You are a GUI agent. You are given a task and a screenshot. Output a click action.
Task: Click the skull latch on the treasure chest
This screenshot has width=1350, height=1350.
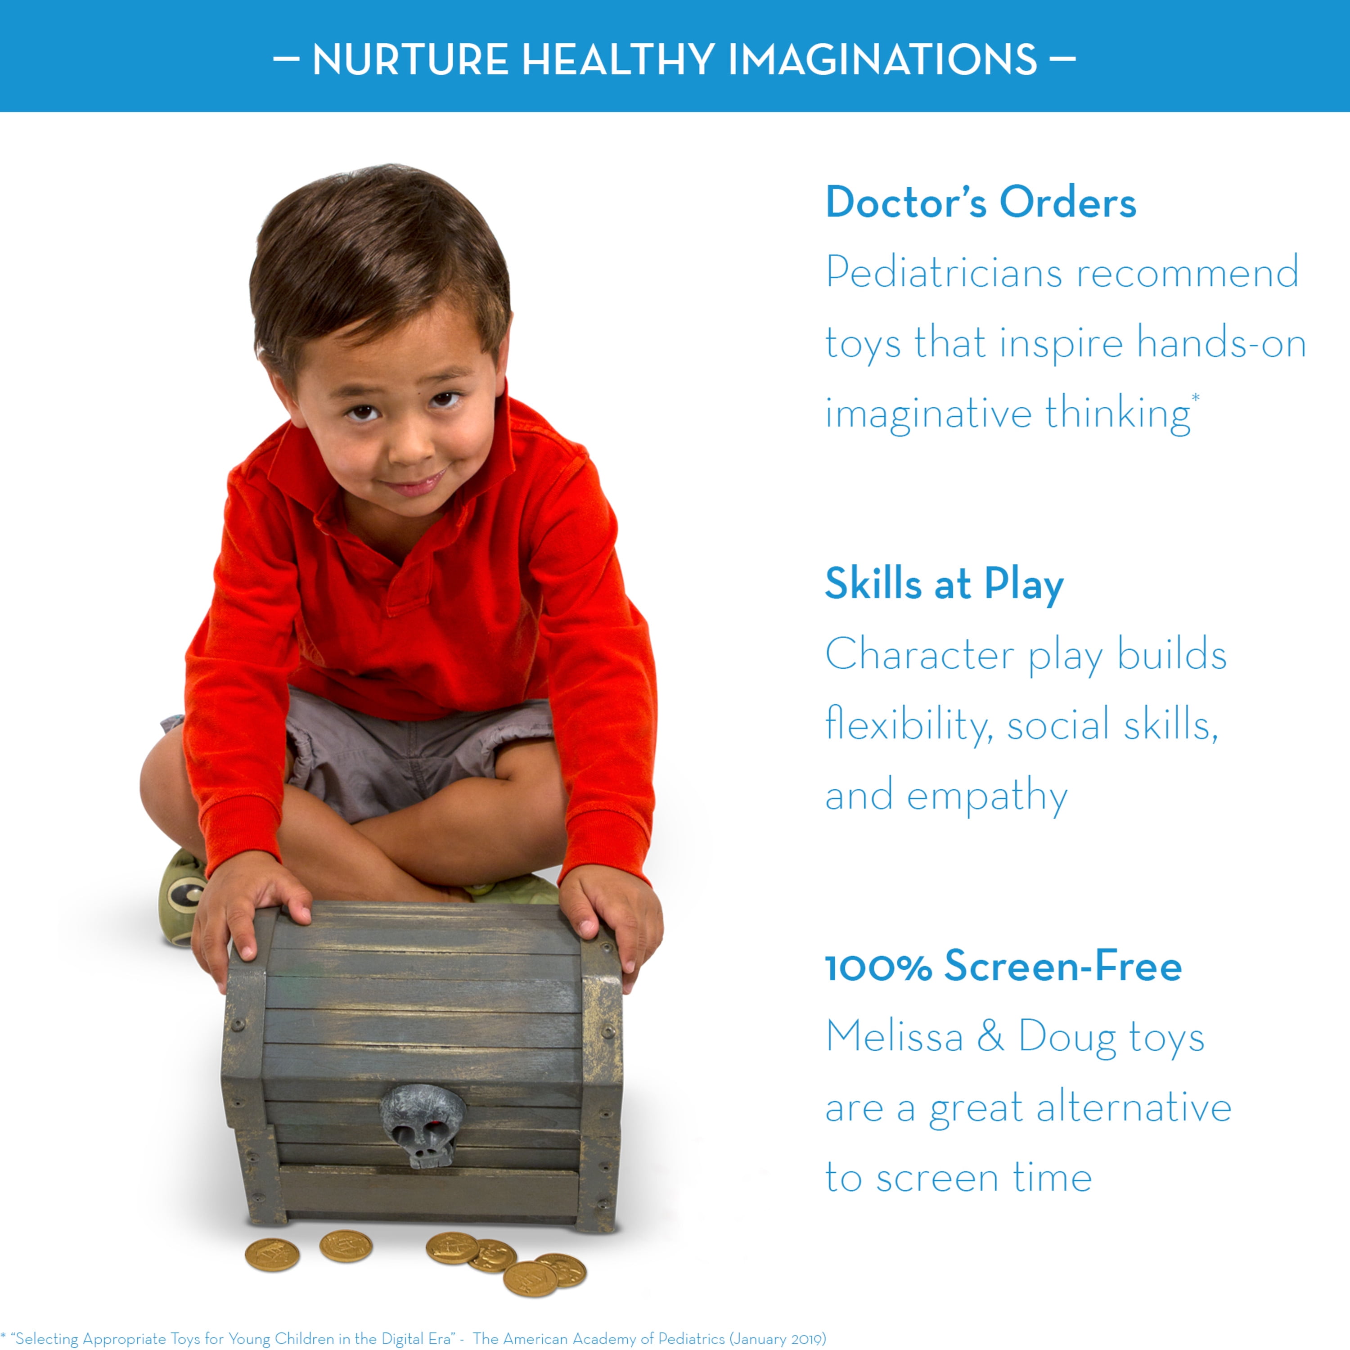tap(421, 1125)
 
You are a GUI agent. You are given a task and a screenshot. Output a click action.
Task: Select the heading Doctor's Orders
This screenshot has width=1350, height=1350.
tap(981, 202)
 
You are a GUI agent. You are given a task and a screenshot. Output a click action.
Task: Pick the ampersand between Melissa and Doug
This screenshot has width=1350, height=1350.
tap(990, 1036)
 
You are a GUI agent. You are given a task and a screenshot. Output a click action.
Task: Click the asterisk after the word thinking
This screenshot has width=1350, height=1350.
tap(1196, 398)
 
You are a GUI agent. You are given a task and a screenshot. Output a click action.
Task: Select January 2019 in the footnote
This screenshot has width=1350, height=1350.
tap(777, 1338)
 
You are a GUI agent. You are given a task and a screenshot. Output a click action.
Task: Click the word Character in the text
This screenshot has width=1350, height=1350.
tap(919, 655)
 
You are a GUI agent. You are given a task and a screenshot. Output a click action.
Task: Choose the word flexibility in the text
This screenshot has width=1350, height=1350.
tap(909, 724)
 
